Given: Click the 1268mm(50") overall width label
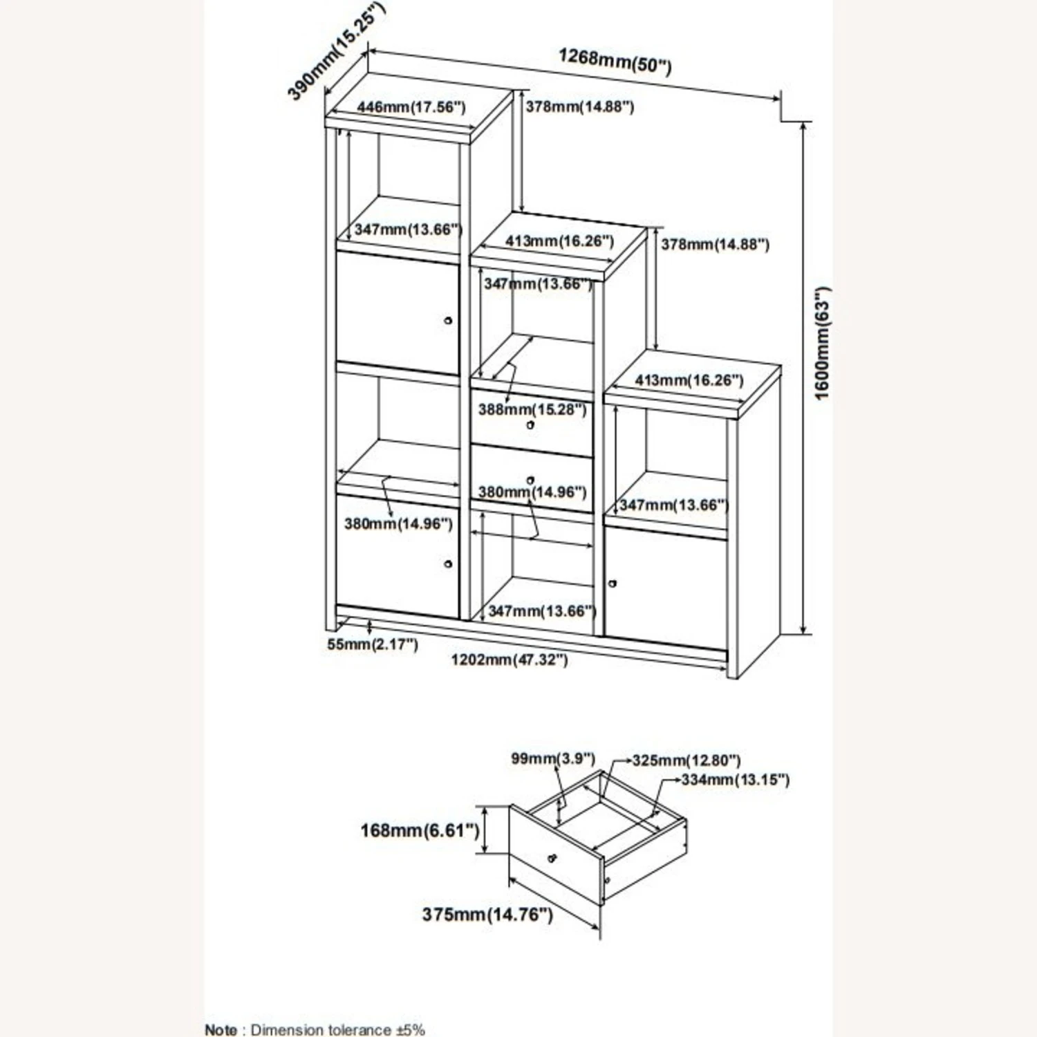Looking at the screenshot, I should coord(615,61).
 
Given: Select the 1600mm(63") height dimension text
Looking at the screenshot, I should coord(822,343).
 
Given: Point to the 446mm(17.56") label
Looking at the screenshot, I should coord(411,107).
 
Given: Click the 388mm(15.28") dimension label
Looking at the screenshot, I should coord(532,409).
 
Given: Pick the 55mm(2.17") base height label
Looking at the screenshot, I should coord(372,645).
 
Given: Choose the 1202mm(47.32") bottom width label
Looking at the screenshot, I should coord(510,660).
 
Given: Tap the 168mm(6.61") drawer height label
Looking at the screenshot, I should coord(420,830).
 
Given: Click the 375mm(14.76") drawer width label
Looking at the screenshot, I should coord(487,915).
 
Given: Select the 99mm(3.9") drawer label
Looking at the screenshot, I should coord(552,758).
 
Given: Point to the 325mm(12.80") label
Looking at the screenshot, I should coord(686,760).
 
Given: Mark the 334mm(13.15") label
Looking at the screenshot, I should coord(735,780).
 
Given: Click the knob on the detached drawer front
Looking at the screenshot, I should coord(551,858).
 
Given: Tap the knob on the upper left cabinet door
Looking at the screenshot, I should coord(448,321).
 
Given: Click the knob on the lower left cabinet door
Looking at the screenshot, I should coord(448,564).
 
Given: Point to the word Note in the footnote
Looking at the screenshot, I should coord(221,1030).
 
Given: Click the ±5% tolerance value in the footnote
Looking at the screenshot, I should coord(410,1030).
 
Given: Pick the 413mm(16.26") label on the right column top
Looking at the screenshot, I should coord(689,380).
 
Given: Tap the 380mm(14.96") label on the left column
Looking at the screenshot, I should coord(398,524).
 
